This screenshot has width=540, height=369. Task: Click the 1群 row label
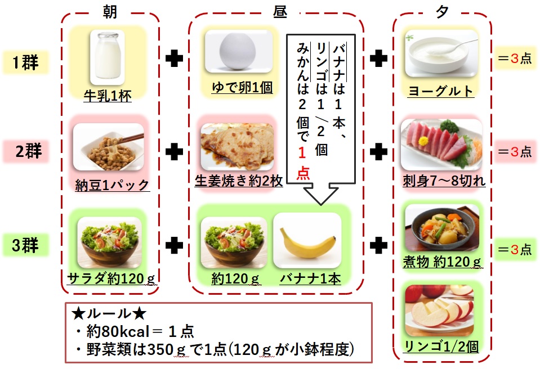25,62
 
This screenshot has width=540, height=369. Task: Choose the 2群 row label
25,151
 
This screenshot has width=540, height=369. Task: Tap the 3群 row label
25,246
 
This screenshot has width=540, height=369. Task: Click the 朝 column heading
110,11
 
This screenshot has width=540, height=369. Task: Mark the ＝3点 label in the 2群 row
514,151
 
